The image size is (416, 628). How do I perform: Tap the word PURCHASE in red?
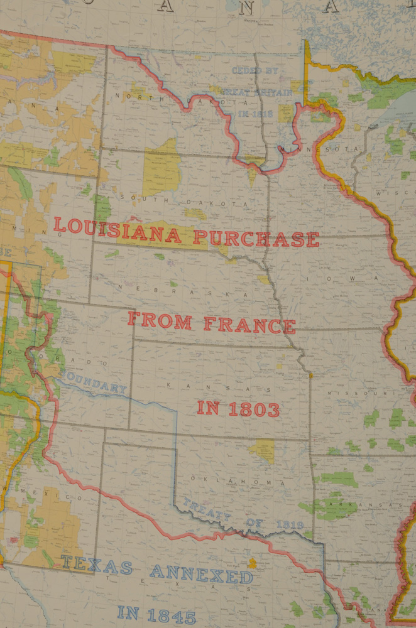256,239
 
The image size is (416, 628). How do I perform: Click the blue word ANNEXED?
201,574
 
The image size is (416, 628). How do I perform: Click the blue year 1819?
290,524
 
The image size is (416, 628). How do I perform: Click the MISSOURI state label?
349,392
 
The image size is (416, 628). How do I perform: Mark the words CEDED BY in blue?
255,72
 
